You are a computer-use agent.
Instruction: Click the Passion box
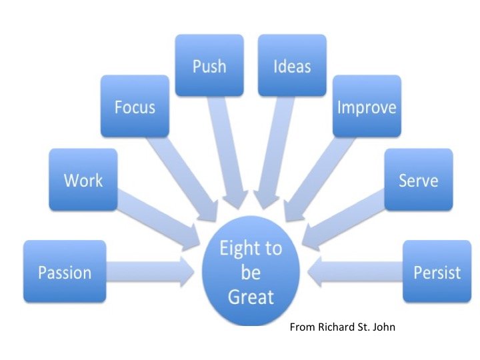[x=65, y=271]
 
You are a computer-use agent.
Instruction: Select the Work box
[x=83, y=179]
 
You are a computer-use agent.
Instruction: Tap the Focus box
[x=134, y=107]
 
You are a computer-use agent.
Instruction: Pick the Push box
[x=209, y=65]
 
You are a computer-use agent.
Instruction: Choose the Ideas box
[x=292, y=65]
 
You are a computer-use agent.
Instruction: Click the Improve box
[x=367, y=107]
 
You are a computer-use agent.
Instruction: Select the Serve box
[x=418, y=179]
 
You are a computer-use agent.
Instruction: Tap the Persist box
[x=437, y=272]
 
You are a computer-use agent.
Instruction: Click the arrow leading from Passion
[x=150, y=271]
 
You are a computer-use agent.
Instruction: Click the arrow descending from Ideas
[x=275, y=153]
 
